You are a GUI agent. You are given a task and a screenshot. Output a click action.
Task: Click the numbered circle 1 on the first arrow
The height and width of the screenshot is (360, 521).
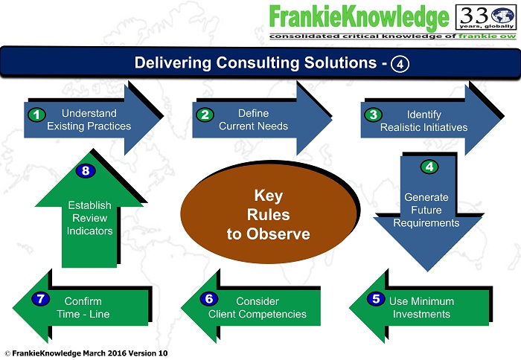point(35,115)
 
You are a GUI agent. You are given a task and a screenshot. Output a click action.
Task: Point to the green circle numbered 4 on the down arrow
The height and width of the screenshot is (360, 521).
point(429,167)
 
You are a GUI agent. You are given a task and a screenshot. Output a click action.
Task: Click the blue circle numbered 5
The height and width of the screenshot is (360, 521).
point(377,300)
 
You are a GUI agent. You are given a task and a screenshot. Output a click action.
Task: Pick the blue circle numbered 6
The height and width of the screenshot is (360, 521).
point(209,300)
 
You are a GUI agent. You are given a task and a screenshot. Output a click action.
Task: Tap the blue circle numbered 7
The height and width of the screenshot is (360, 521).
point(40,300)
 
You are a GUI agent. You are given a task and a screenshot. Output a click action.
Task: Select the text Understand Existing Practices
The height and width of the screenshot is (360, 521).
point(89,120)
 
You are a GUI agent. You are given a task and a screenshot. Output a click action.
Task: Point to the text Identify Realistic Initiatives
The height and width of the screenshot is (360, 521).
point(424,120)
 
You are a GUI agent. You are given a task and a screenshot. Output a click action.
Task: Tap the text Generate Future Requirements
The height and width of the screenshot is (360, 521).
point(426,210)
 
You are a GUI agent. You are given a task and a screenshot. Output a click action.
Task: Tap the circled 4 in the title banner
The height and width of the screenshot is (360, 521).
point(400,63)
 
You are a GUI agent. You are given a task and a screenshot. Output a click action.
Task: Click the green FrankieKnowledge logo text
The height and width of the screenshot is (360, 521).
point(359,17)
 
